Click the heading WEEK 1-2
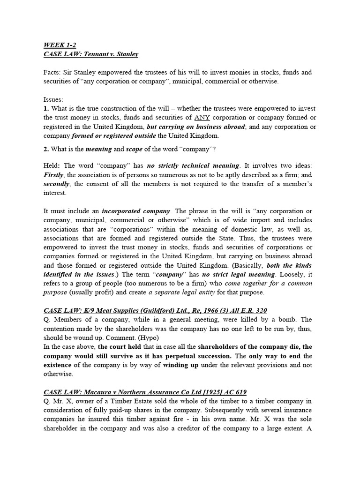(60, 45)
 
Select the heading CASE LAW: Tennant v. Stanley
(91, 54)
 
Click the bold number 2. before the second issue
(46, 150)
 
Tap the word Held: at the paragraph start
(53, 165)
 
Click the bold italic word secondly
(57, 183)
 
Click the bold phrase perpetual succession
(195, 356)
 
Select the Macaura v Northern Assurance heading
(145, 392)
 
